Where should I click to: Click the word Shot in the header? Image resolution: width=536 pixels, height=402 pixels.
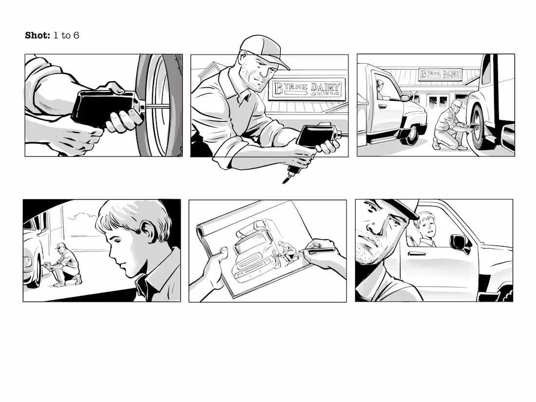pos(38,36)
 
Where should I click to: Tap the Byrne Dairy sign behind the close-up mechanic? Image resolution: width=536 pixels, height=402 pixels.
pos(307,90)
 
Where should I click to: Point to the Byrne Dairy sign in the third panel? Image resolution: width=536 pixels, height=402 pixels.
pos(440,74)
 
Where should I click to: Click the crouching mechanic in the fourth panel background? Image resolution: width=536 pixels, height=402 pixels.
pos(65,264)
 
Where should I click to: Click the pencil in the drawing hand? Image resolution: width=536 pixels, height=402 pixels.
pos(320,250)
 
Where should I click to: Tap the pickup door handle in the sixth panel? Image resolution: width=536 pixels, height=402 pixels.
pos(417,254)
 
